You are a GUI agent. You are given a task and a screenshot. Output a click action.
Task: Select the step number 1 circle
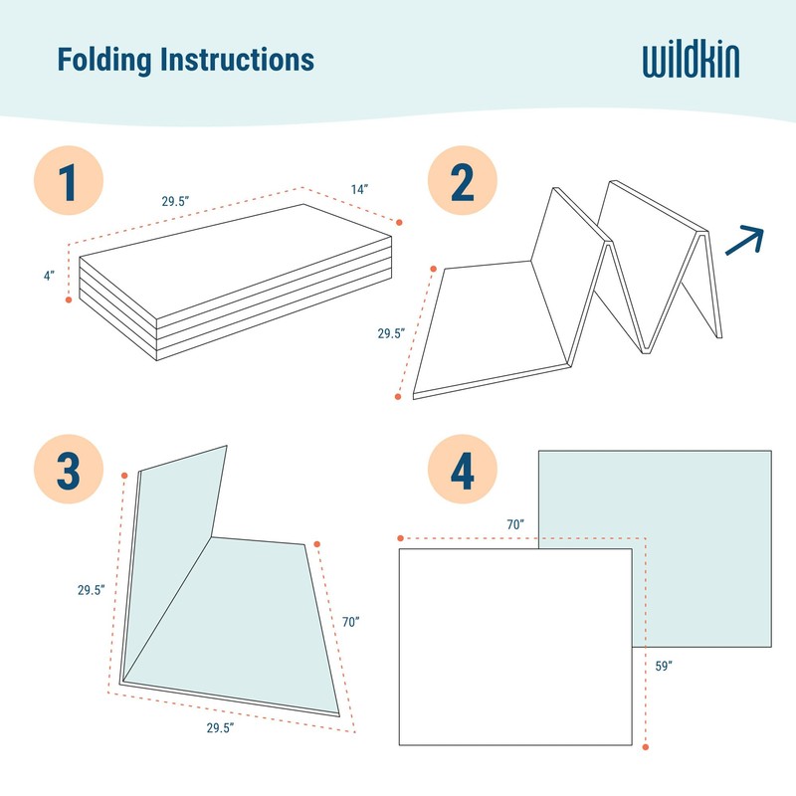click(x=68, y=183)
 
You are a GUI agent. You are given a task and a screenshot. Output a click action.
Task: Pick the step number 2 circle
click(x=462, y=183)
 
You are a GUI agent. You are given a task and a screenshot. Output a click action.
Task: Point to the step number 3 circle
click(x=68, y=470)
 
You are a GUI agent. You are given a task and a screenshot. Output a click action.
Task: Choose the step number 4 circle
click(x=462, y=470)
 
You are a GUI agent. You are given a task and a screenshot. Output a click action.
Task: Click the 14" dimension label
click(x=359, y=188)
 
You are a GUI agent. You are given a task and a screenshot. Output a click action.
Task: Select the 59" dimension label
click(x=665, y=665)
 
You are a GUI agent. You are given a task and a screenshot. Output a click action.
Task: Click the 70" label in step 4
click(x=514, y=523)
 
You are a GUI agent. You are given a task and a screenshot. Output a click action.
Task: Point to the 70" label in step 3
click(x=349, y=622)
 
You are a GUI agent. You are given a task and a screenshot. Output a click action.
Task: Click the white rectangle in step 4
click(x=514, y=647)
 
